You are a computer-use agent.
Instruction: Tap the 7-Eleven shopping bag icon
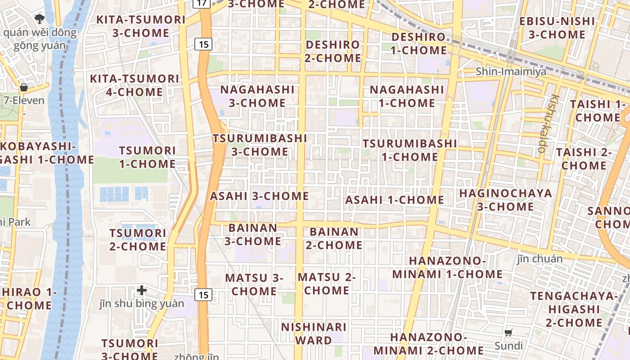pyautogui.click(x=23, y=87)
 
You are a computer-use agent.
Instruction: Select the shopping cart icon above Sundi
pyautogui.click(x=508, y=333)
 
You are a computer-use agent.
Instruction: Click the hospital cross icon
pyautogui.click(x=142, y=290)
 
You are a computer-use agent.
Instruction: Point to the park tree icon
pyautogui.click(x=40, y=18)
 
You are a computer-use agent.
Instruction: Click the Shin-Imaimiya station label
pyautogui.click(x=511, y=72)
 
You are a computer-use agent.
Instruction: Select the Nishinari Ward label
pyautogui.click(x=314, y=333)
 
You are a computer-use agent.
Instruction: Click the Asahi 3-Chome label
pyautogui.click(x=259, y=196)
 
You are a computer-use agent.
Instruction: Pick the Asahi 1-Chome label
pyautogui.click(x=395, y=200)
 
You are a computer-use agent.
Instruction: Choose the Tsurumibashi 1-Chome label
pyautogui.click(x=410, y=150)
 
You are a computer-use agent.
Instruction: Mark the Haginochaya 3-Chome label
pyautogui.click(x=505, y=200)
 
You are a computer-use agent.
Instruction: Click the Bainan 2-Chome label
pyautogui.click(x=334, y=238)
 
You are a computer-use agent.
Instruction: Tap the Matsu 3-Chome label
pyautogui.click(x=254, y=284)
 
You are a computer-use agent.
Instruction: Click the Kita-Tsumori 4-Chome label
pyautogui.click(x=135, y=85)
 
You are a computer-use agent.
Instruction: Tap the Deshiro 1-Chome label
pyautogui.click(x=418, y=43)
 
